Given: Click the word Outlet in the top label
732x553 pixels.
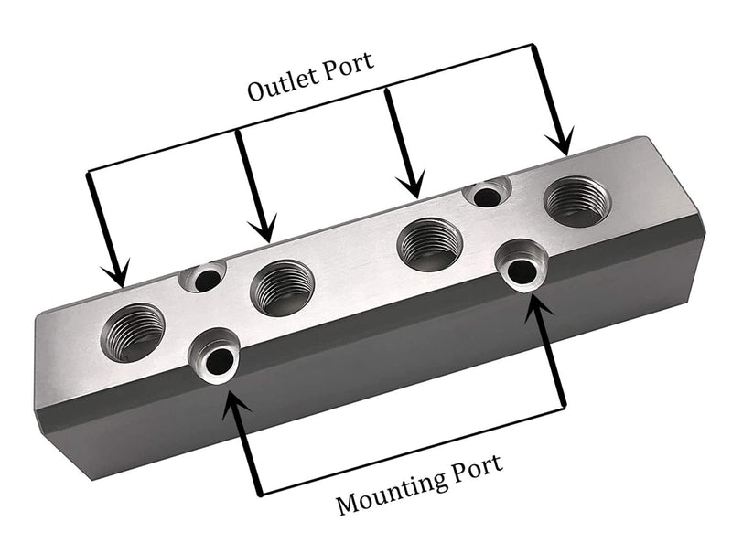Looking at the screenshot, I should click(x=281, y=90).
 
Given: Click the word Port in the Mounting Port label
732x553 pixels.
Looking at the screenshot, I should click(x=475, y=467).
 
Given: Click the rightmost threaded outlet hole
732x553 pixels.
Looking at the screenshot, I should click(x=576, y=201).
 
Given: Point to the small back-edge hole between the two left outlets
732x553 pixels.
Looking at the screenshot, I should click(x=205, y=276).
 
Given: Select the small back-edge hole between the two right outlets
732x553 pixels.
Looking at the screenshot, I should click(x=488, y=194).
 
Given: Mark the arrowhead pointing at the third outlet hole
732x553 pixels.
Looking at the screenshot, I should click(x=414, y=186).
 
